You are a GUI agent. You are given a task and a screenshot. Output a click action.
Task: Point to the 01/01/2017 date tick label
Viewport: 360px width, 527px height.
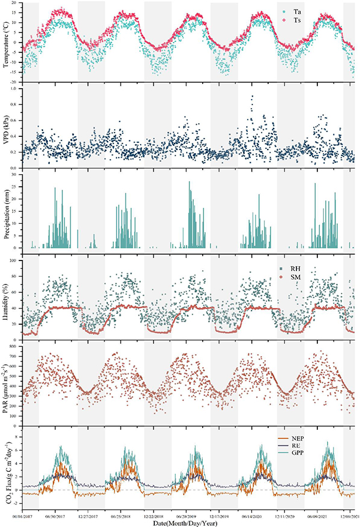coord(22,514)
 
